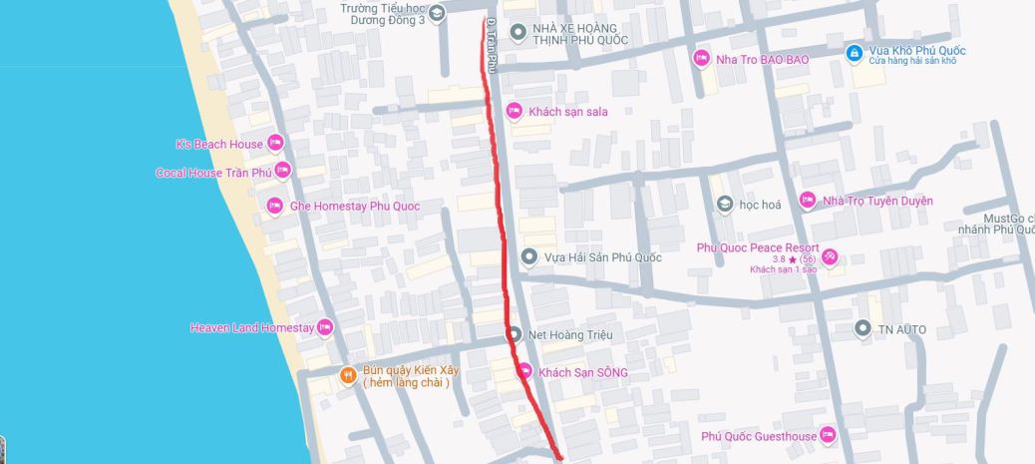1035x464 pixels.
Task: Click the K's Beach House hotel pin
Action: (275, 144)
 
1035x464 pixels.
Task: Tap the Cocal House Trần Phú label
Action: (213, 173)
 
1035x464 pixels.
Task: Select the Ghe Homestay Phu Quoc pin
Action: (275, 207)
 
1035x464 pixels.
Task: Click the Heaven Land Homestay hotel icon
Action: (324, 327)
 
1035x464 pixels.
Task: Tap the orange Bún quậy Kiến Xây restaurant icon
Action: (347, 375)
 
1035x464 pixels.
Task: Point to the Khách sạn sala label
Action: (567, 112)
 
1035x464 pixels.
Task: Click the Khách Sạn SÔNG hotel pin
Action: (524, 372)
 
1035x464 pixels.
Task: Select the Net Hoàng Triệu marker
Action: (514, 334)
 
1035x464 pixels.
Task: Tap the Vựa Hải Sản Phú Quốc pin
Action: (529, 257)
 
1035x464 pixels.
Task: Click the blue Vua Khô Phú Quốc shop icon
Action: (853, 52)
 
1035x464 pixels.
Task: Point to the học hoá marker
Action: (725, 205)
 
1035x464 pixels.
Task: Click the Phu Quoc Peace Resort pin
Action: (830, 257)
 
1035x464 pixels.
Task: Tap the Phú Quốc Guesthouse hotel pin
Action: (828, 436)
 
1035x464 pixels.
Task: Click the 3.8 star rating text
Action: (778, 258)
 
